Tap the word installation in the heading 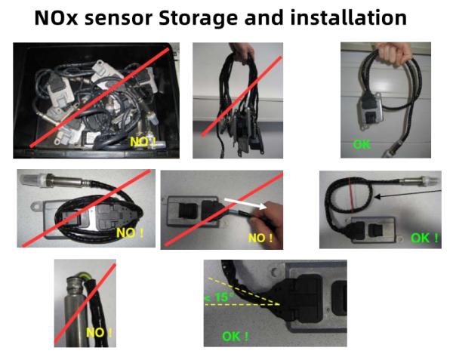(x=344, y=18)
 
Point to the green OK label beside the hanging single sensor (x=362, y=144)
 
